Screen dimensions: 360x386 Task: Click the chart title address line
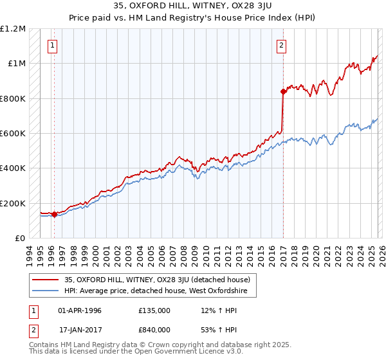click(192, 7)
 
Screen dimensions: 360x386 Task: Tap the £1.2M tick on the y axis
click(13, 29)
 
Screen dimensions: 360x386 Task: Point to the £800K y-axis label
click(13, 99)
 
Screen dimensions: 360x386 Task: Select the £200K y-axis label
click(13, 203)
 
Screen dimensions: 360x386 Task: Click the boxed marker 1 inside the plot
click(52, 45)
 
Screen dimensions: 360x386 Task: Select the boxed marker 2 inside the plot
click(282, 45)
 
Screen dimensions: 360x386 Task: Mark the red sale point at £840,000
click(283, 92)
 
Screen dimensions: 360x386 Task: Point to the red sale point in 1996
click(55, 215)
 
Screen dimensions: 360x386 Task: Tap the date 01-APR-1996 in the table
click(80, 310)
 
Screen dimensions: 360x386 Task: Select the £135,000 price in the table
click(154, 310)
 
